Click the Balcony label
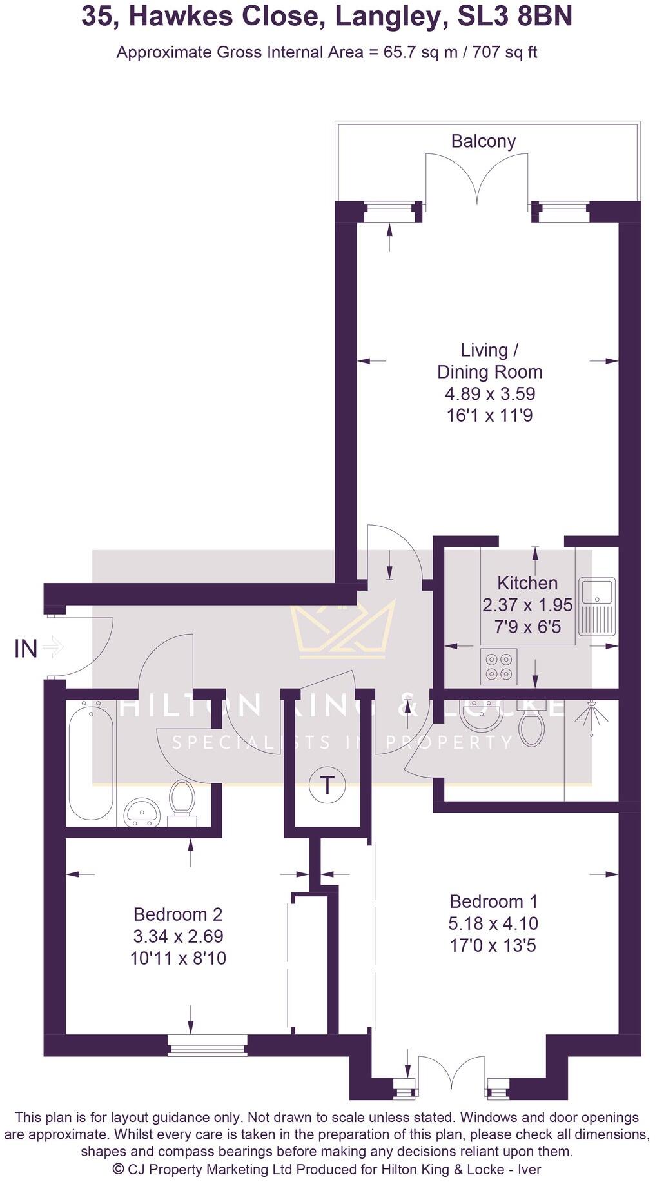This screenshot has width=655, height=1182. tap(483, 141)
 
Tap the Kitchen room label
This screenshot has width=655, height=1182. tap(527, 583)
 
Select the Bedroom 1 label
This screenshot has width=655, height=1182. tap(493, 901)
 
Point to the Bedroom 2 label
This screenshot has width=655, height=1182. tap(177, 914)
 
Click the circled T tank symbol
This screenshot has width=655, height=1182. tap(327, 785)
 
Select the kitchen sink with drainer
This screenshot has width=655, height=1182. tap(597, 604)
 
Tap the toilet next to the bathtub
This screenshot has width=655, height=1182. tap(182, 800)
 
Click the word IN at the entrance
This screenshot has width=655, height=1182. tap(26, 649)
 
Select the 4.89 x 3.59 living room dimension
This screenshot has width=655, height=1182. tap(489, 393)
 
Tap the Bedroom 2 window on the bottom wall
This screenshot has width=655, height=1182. tap(207, 1045)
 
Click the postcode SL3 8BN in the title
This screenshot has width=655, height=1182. tap(514, 17)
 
